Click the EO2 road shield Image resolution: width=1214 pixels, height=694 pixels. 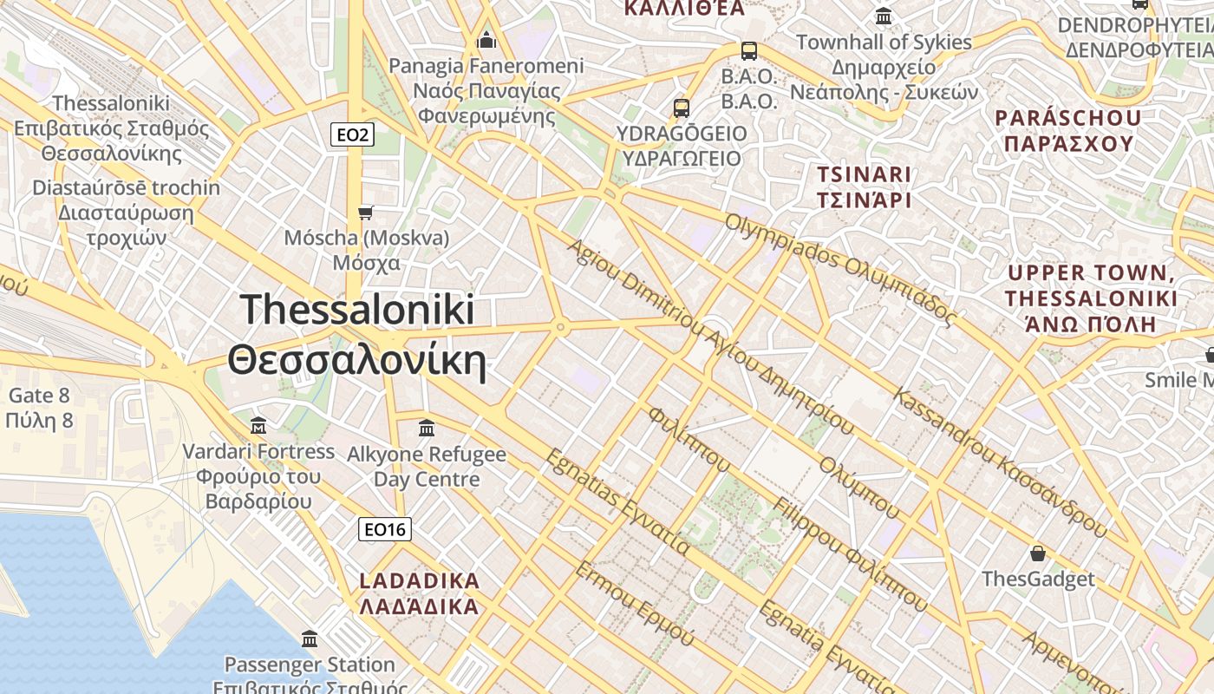point(352,134)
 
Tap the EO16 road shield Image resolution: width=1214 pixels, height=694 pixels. point(385,529)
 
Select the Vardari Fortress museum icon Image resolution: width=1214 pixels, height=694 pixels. point(258,426)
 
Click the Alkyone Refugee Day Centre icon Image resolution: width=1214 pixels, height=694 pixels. point(426,428)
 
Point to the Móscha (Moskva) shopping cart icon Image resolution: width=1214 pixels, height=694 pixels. point(366,213)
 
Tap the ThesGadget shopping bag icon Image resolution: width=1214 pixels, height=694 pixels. point(1037,553)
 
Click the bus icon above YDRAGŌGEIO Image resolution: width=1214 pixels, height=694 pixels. point(682,108)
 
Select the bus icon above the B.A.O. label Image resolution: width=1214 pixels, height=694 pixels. point(748,51)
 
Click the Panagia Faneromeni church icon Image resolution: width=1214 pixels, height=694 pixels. point(486,40)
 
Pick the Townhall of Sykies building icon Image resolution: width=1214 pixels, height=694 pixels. point(884,16)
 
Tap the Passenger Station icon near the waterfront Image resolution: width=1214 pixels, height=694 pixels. point(310,639)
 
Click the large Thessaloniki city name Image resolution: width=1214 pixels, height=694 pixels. point(356,335)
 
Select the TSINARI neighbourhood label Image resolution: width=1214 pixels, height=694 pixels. point(864,187)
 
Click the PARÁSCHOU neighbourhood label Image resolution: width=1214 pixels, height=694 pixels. point(1067,130)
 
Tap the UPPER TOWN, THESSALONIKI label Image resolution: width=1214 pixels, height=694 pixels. point(1091,298)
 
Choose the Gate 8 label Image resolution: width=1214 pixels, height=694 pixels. point(38,409)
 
